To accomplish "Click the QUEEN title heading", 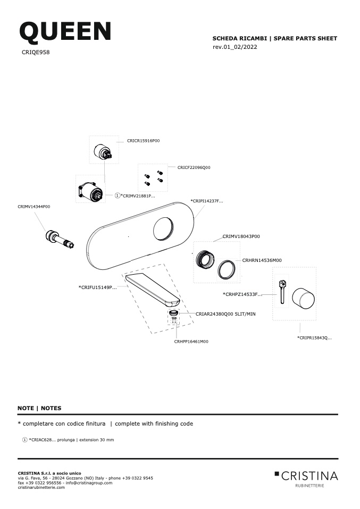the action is point(65,31).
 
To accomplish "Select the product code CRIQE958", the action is point(36,52).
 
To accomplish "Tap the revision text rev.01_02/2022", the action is point(235,47).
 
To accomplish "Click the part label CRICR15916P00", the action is point(143,141).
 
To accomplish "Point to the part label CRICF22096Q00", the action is point(194,167).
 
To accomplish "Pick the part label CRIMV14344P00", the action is point(34,207).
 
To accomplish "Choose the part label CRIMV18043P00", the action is point(241,236).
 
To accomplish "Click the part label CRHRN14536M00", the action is point(262,260).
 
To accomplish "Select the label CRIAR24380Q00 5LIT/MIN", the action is point(225,314).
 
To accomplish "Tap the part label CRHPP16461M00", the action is point(191,342).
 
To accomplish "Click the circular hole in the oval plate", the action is point(163,229).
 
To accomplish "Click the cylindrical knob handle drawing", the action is point(303,298).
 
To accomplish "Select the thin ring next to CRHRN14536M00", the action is point(226,269).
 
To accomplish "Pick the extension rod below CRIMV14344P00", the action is point(60,240).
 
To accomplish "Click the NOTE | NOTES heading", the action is point(39,408).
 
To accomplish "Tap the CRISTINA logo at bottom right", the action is point(306,479).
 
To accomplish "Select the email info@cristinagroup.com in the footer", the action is point(89,483).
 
